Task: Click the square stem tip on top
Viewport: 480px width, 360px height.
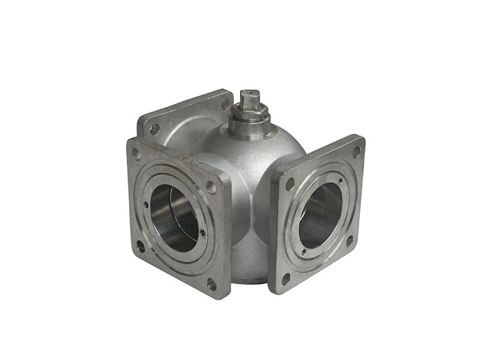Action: click(249, 97)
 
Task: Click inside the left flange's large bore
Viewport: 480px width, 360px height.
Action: click(173, 217)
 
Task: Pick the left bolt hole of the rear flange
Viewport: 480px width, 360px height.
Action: click(154, 128)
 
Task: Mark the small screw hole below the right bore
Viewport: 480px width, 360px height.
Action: click(304, 252)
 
